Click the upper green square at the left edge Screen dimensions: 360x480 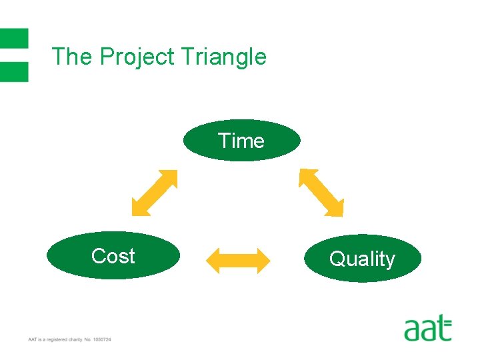(x=14, y=37)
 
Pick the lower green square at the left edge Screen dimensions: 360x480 (x=14, y=71)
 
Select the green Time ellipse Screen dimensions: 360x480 (x=241, y=141)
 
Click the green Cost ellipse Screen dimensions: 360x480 (x=113, y=256)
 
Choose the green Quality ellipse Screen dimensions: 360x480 (x=362, y=259)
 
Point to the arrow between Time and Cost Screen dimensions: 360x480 (x=155, y=193)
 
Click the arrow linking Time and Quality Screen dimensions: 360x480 (x=321, y=193)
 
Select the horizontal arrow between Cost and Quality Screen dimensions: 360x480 (x=238, y=260)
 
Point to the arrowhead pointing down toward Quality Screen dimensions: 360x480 (x=335, y=209)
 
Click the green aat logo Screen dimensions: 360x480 (x=427, y=328)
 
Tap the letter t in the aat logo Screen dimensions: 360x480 (x=445, y=328)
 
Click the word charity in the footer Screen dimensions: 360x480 (x=74, y=340)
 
